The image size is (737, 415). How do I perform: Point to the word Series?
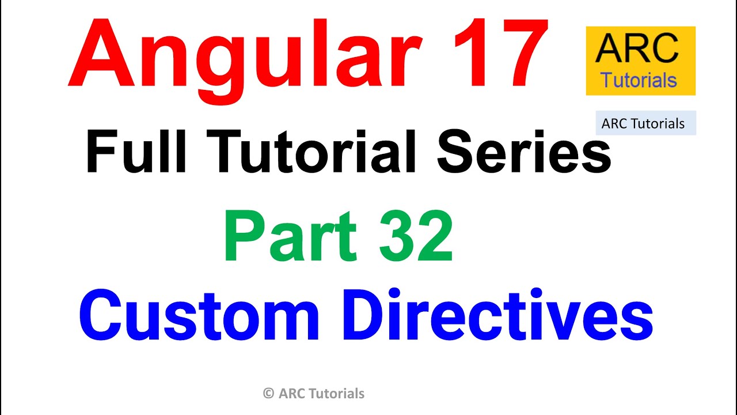click(523, 152)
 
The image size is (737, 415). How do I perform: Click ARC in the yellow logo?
click(637, 49)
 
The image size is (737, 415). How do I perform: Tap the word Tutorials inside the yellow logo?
click(639, 80)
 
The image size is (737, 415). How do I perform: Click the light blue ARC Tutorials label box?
click(645, 123)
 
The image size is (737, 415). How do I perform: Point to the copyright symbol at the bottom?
click(268, 394)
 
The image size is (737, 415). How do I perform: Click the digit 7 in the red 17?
click(521, 54)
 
